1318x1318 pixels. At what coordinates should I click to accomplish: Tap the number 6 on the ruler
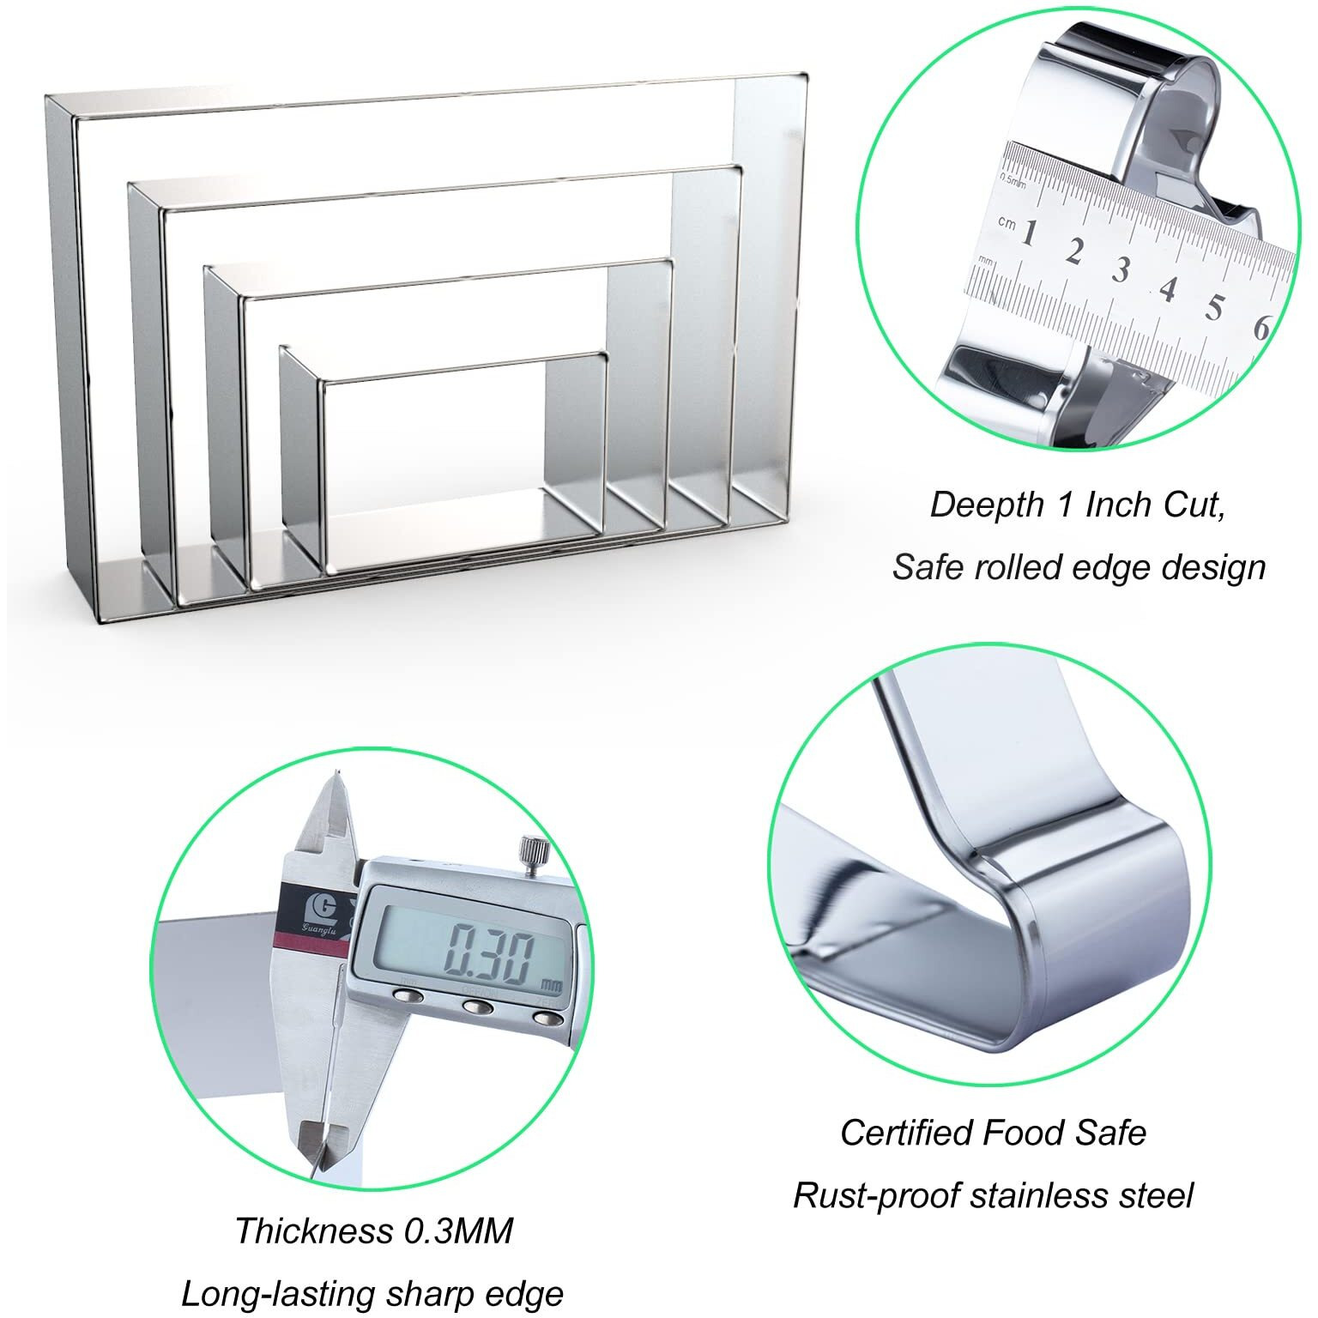coord(1261,327)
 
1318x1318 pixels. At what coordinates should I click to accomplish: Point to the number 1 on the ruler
coord(1028,233)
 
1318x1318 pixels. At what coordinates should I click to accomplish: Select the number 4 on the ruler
coord(1166,288)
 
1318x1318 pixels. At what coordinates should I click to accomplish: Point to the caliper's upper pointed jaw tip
coord(336,777)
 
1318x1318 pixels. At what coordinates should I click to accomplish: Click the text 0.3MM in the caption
coord(458,1230)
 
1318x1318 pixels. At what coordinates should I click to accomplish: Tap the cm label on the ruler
coord(1007,222)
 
